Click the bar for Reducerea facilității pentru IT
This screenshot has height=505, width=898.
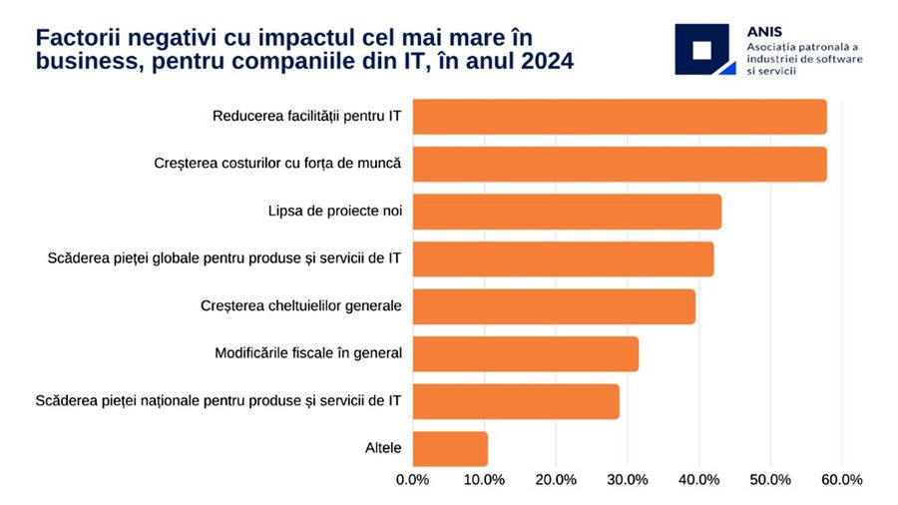point(619,117)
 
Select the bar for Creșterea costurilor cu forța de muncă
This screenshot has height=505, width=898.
point(619,164)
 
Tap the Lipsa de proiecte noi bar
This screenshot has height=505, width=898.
point(566,212)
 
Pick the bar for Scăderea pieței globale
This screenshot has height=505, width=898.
point(563,259)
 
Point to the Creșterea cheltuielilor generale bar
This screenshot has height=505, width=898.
point(553,306)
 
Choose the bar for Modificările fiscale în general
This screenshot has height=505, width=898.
point(525,354)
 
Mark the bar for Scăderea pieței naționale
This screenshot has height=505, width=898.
point(515,401)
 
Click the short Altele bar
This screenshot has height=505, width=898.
point(450,449)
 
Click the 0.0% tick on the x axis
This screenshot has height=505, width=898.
point(413,480)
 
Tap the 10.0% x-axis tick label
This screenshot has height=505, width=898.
point(484,480)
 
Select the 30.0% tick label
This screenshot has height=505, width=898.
point(627,480)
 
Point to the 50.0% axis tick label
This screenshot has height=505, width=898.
point(769,480)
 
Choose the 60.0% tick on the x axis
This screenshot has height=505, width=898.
point(840,480)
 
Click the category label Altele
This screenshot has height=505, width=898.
point(383,449)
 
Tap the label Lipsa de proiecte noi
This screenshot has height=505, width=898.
point(334,212)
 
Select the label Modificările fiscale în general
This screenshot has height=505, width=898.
point(307,354)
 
